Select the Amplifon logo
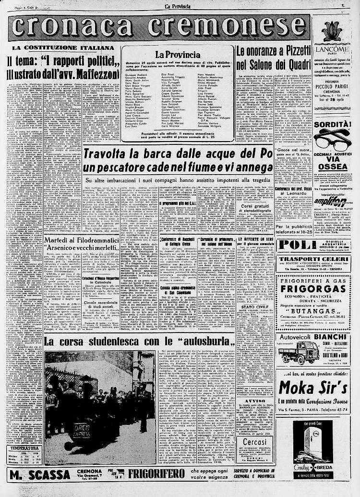[331, 201]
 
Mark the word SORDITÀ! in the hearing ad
[331, 124]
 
